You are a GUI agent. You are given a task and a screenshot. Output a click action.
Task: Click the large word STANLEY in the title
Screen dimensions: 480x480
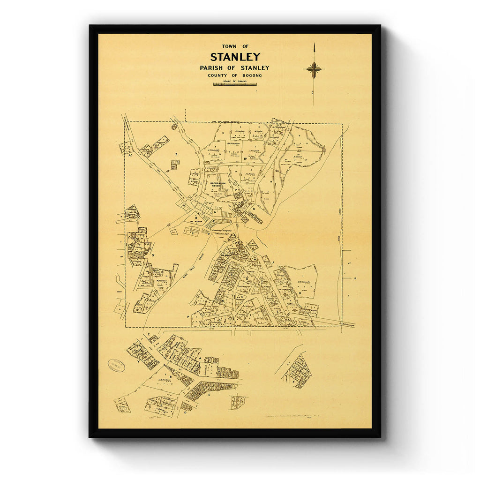tap(235, 57)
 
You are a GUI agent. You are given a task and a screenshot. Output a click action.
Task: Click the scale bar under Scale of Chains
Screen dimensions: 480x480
tap(235, 84)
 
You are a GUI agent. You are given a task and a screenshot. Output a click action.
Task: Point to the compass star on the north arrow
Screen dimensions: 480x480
tap(314, 70)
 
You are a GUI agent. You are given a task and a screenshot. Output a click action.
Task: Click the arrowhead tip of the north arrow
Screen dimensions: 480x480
tap(314, 45)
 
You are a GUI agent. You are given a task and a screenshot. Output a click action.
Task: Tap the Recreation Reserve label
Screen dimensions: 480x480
tap(218, 184)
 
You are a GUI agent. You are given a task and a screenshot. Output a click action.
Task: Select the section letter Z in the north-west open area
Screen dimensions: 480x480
tap(176, 154)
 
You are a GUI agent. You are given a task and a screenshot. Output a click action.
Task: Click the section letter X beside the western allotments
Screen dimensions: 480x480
tap(153, 255)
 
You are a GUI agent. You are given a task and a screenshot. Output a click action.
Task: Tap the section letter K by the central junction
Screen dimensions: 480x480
tap(254, 209)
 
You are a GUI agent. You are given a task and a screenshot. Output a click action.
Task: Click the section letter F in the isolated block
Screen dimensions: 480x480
tap(294, 382)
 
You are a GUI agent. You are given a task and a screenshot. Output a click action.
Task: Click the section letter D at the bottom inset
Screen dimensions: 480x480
tap(186, 412)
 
